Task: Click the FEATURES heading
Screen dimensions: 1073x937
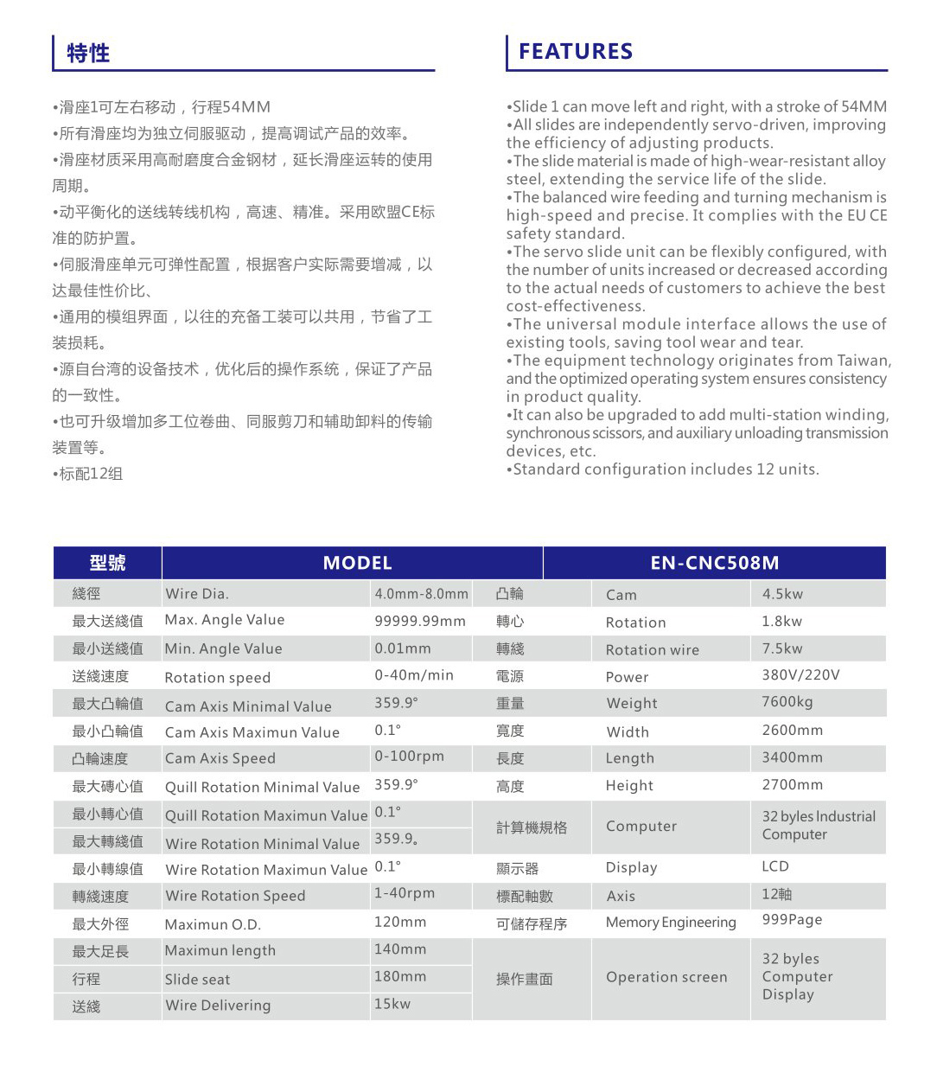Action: [575, 52]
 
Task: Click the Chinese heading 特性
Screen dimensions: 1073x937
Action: [88, 54]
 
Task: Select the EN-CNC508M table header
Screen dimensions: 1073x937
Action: [714, 563]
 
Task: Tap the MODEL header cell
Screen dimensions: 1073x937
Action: [357, 563]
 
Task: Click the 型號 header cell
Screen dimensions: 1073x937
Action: [107, 563]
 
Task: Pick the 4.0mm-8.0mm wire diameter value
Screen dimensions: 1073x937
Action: [421, 594]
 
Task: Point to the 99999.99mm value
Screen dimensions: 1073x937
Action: [419, 621]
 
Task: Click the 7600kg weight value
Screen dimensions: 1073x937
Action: [787, 702]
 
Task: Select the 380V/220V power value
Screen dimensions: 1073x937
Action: [800, 675]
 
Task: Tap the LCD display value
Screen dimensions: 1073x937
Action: [775, 866]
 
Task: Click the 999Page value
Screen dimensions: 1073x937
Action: [792, 920]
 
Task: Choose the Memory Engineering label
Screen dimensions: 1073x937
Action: [671, 923]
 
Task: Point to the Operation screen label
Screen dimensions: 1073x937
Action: [666, 977]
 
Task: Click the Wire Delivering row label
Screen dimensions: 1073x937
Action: [218, 1006]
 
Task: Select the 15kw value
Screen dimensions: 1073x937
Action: [392, 1004]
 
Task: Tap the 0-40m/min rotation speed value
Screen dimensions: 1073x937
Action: [413, 675]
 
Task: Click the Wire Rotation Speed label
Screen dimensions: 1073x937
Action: [235, 896]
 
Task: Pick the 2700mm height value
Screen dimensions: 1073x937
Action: [792, 785]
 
